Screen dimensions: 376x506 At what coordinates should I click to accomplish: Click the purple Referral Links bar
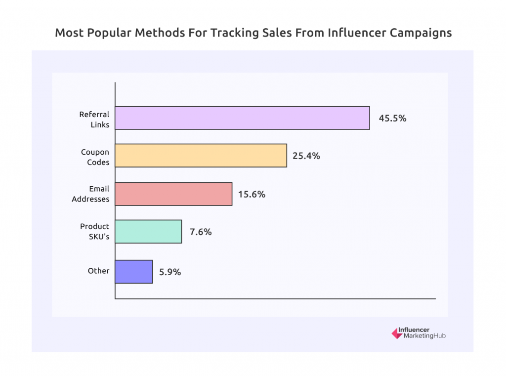click(242, 118)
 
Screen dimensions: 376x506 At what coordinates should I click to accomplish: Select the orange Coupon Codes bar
click(201, 156)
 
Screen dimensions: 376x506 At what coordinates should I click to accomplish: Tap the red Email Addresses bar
click(173, 194)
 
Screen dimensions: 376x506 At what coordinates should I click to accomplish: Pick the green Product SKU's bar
click(148, 231)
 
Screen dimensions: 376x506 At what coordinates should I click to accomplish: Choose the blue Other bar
click(134, 271)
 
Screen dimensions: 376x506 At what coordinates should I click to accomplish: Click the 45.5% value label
click(392, 119)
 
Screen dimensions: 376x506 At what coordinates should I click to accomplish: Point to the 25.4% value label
click(306, 156)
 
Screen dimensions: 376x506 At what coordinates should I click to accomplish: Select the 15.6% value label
click(252, 194)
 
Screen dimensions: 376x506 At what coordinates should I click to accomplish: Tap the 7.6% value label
click(201, 232)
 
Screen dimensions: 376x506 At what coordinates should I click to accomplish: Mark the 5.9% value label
click(170, 272)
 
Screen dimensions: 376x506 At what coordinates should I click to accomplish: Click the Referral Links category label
click(94, 119)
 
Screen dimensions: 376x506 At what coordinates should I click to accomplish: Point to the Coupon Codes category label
click(95, 157)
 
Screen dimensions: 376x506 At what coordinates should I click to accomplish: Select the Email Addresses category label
click(90, 194)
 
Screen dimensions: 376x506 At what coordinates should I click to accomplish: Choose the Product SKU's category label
click(95, 232)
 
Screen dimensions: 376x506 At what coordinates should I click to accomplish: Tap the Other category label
click(98, 271)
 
